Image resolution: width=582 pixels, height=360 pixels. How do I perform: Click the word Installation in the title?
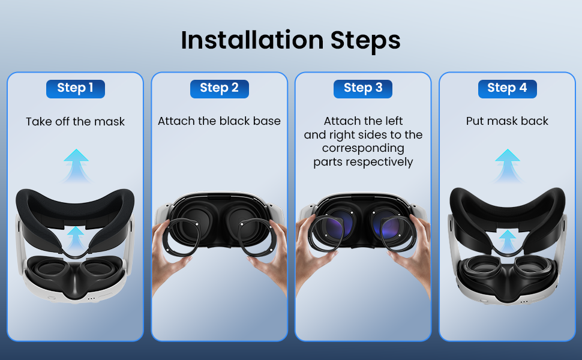253,40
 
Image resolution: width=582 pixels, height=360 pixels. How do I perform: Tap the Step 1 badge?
76,89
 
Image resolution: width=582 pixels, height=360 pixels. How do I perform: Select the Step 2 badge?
220,89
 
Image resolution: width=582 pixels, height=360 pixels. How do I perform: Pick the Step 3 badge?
363,89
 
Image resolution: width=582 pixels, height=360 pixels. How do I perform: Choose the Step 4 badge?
508,89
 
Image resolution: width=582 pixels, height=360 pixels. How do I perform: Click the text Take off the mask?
76,121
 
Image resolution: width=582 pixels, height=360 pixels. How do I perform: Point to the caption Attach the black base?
220,121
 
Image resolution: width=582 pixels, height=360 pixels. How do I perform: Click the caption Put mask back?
508,121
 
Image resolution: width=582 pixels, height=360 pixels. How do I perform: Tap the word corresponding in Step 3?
363,148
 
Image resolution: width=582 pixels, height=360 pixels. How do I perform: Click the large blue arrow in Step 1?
76,166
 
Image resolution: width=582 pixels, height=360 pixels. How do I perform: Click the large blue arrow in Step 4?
508,166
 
